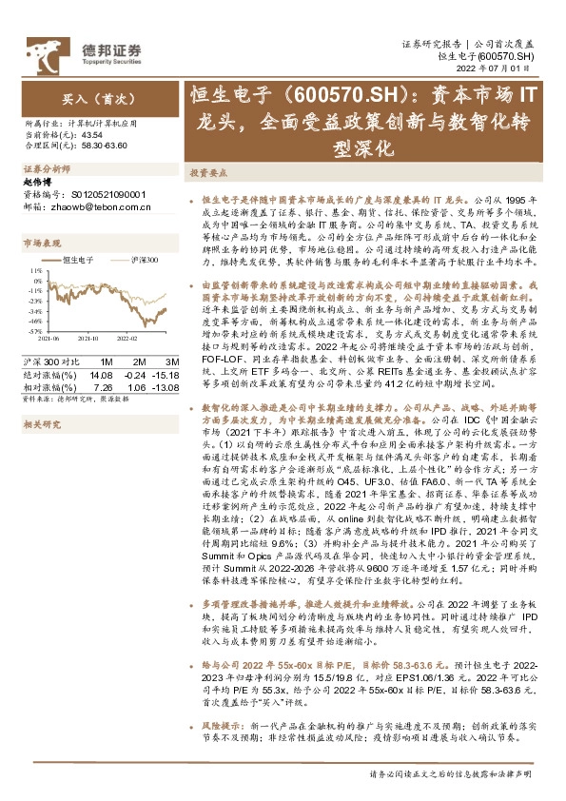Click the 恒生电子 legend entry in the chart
(78, 258)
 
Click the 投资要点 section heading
(206, 173)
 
